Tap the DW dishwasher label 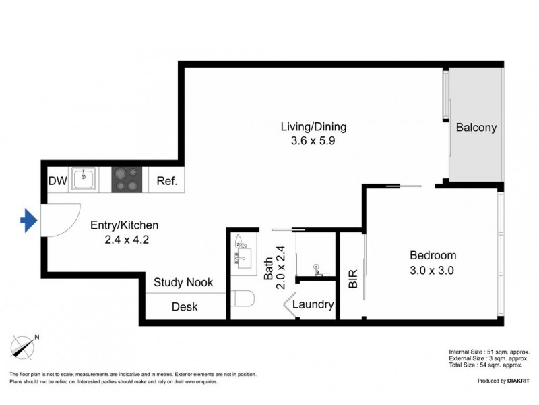point(57,181)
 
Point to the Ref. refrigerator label point(166,181)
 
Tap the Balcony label point(476,127)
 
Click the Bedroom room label point(433,255)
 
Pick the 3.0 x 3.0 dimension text point(433,270)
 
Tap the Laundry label point(313,305)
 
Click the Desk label point(184,306)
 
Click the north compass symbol point(25,346)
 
